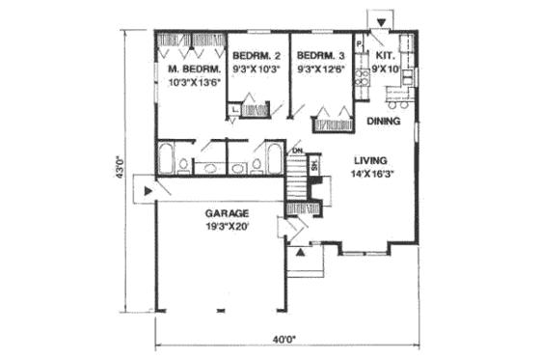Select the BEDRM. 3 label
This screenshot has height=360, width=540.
pos(320,56)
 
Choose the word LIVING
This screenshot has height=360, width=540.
pos(369,161)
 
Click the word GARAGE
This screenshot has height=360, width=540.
pos(228,211)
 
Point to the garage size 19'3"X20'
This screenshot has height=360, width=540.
pos(228,226)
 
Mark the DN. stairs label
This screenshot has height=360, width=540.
pos(298,152)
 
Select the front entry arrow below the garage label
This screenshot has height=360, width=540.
pos(301,252)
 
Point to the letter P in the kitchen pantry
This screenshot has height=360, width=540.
pos(358,45)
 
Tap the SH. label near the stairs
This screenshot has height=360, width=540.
pos(314,165)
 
